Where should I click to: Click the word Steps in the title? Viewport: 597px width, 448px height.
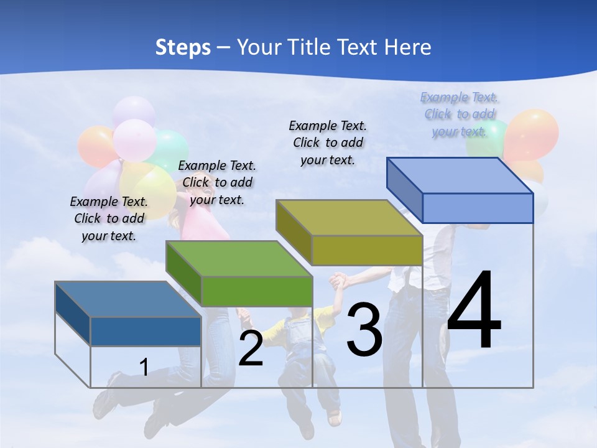[183, 47]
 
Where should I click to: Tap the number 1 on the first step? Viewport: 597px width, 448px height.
[144, 368]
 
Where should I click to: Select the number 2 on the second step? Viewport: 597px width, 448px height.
[251, 349]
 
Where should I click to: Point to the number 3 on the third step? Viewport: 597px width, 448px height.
[364, 330]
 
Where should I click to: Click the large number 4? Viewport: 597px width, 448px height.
[474, 311]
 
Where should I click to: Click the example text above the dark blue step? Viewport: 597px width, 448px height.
[109, 218]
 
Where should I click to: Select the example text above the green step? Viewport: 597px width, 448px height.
[217, 182]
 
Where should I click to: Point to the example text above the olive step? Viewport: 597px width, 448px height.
[328, 142]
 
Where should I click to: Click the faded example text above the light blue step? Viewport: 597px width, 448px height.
[460, 114]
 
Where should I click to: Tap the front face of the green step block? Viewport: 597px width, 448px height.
[257, 291]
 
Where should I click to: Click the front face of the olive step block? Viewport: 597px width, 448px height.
[367, 251]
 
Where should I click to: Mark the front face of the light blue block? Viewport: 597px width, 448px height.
[478, 208]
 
